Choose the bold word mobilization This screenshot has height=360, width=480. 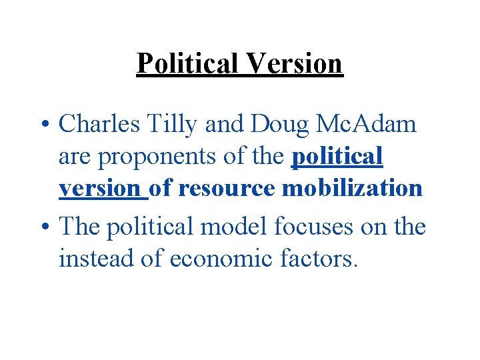pyautogui.click(x=353, y=189)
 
